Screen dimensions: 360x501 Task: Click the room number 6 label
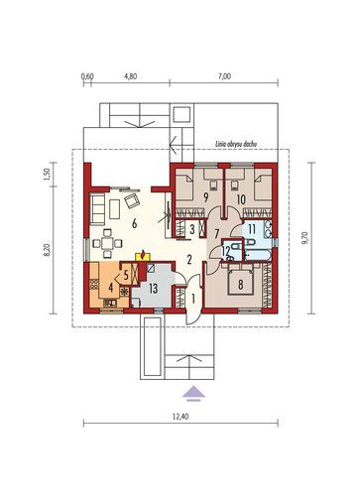click(x=134, y=224)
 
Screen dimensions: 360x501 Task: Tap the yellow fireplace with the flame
click(x=143, y=256)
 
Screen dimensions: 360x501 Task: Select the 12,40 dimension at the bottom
click(x=180, y=417)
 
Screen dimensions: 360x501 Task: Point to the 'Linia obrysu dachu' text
click(x=236, y=144)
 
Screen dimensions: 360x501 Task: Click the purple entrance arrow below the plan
click(x=193, y=394)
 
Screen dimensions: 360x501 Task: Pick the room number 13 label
click(x=153, y=289)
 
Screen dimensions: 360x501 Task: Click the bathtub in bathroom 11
click(x=258, y=255)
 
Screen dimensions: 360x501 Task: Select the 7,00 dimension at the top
click(x=224, y=76)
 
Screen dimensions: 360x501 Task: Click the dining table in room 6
click(x=107, y=244)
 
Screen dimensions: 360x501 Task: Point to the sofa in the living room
click(x=97, y=208)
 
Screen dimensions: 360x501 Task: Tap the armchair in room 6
click(x=132, y=200)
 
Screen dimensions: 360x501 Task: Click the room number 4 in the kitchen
click(x=111, y=288)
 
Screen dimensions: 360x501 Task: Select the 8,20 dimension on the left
click(x=47, y=250)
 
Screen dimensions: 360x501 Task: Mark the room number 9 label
click(x=206, y=197)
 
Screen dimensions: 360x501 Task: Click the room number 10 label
click(x=241, y=199)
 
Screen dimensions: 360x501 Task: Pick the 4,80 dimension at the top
click(x=131, y=76)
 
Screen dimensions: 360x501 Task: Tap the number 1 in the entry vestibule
click(x=193, y=299)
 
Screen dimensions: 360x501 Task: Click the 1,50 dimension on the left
click(x=47, y=175)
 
